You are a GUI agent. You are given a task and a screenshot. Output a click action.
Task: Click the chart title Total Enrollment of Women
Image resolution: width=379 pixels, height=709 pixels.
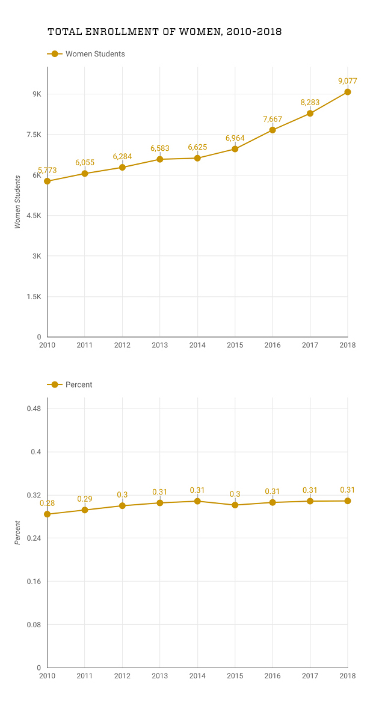point(164,31)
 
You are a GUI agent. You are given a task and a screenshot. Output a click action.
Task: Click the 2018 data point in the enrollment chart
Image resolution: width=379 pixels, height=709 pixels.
point(348,92)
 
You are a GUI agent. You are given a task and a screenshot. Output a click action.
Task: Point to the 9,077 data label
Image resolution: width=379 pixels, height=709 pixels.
point(348,81)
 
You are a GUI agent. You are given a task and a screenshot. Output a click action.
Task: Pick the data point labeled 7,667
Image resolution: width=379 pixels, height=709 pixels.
point(273,130)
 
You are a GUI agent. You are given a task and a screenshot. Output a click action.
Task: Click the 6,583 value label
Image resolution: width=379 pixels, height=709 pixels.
point(160,148)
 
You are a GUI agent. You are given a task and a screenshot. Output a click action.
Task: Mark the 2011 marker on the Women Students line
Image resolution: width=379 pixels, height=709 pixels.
point(85,174)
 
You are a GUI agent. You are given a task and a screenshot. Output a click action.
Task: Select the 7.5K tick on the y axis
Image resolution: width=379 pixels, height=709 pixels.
point(32,135)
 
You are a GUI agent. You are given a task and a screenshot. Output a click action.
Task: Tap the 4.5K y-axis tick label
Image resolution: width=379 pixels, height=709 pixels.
point(32,216)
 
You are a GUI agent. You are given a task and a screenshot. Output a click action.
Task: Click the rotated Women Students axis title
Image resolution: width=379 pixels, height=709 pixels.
point(17,201)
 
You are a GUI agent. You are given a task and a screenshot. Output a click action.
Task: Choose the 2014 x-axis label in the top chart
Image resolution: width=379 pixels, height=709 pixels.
point(197,345)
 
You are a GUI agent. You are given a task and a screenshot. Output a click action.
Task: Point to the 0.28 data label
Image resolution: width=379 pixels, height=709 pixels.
point(48,503)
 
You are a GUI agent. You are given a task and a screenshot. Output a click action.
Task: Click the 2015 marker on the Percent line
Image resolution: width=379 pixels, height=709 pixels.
point(235,505)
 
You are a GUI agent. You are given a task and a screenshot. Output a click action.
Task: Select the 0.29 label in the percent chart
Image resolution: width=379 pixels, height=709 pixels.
point(85,499)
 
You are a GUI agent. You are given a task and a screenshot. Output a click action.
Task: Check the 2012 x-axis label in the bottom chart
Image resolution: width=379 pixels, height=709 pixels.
point(122,676)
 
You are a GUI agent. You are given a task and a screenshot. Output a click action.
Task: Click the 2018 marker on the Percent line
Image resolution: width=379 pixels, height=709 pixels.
point(348,501)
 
